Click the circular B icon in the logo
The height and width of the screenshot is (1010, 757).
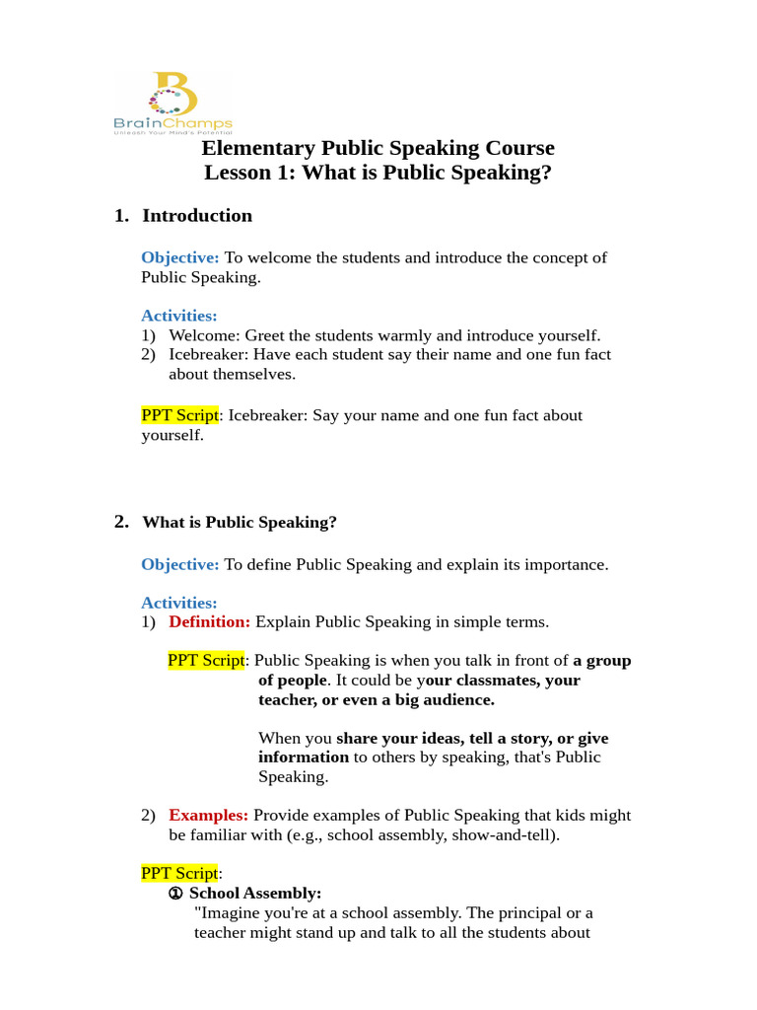point(172,94)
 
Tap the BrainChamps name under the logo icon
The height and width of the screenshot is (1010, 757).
point(172,124)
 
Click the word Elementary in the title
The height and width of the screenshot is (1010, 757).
point(257,149)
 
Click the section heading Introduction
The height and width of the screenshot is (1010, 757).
point(197,216)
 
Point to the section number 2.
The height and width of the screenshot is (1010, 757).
point(121,523)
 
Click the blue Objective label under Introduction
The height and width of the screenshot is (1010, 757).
point(179,257)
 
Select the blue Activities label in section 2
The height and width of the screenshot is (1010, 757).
point(178,603)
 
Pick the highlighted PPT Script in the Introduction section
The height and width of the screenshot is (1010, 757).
point(179,415)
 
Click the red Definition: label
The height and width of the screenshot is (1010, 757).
point(209,622)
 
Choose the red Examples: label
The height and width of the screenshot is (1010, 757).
point(208,816)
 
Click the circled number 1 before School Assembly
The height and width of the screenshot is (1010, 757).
point(175,894)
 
